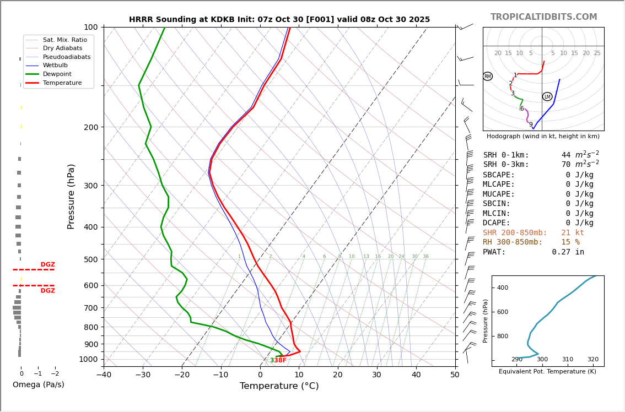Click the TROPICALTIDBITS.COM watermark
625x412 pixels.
(543, 17)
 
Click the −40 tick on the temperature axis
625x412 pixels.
(104, 375)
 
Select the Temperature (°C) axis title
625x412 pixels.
(279, 386)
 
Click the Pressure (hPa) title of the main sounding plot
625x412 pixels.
(71, 196)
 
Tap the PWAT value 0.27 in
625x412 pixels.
(568, 252)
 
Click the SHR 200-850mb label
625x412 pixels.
(515, 233)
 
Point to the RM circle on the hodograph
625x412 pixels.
(487, 77)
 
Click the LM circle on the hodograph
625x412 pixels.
(547, 97)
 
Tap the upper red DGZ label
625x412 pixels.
(48, 265)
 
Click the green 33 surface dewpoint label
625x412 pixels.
(273, 360)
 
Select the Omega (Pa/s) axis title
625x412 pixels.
(38, 384)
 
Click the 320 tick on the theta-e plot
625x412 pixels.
(592, 360)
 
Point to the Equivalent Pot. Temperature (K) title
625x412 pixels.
(547, 372)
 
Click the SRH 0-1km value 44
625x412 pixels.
(566, 155)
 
